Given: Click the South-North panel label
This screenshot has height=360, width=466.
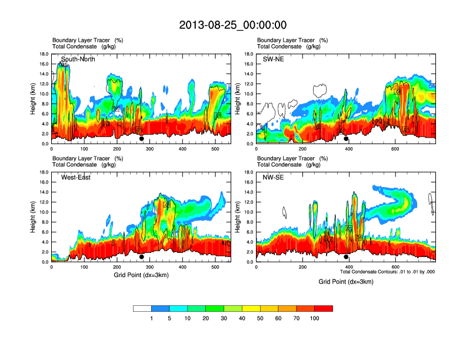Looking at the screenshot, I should click(78, 59).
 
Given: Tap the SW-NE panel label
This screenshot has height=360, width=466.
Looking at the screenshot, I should click(273, 59).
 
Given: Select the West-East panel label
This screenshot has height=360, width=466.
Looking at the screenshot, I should click(75, 178).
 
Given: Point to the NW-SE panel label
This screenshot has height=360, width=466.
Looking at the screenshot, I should click(273, 178).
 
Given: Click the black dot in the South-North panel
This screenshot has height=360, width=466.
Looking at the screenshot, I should click(142, 139).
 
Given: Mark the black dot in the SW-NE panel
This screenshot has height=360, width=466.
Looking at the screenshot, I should click(346, 139).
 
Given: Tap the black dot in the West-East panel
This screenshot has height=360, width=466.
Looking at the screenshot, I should click(142, 257).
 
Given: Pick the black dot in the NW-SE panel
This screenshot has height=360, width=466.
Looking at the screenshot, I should click(346, 257).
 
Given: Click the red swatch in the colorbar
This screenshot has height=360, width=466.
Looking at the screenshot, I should click(324, 308).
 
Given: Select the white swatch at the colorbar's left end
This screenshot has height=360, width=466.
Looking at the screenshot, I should click(142, 308).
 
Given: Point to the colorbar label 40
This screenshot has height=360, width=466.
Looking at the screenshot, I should click(242, 318).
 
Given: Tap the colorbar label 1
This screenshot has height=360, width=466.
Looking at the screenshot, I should click(152, 318).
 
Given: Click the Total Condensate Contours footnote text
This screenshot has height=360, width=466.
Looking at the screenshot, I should click(387, 272).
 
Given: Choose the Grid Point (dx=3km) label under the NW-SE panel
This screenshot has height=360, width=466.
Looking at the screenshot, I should click(346, 282).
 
